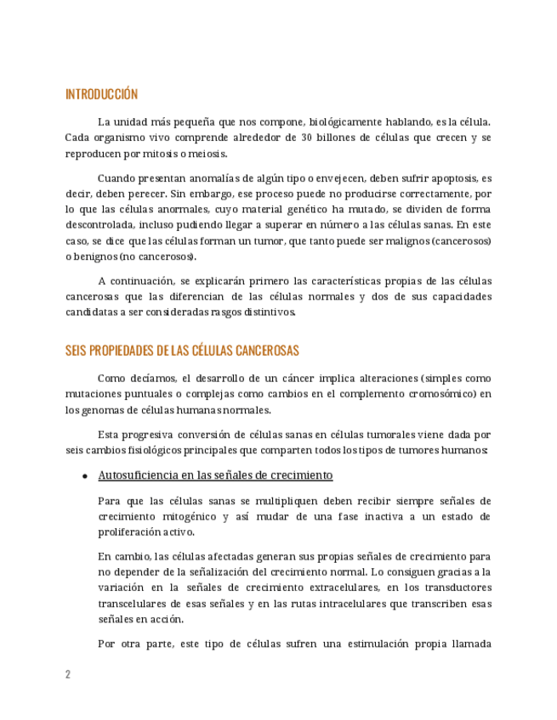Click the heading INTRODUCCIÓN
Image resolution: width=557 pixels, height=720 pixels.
(101, 94)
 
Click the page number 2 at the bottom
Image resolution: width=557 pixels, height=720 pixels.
(68, 675)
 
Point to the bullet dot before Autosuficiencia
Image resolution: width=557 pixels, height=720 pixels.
(85, 476)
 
